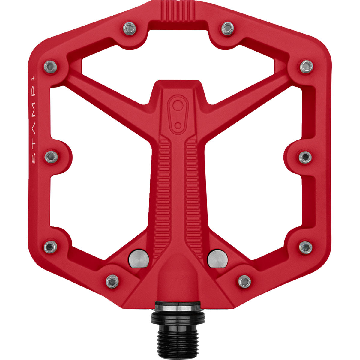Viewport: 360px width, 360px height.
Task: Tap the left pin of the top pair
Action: click(x=130, y=28)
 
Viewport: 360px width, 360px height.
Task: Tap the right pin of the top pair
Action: click(x=227, y=28)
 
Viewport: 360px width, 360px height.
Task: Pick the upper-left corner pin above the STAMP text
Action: click(x=50, y=66)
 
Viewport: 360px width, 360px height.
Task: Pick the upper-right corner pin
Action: click(x=306, y=66)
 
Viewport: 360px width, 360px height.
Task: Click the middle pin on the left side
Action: click(x=51, y=157)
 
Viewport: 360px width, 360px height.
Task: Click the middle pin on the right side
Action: click(x=305, y=157)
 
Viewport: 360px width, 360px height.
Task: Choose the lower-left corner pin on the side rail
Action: click(x=50, y=247)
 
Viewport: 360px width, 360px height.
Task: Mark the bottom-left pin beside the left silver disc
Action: click(x=112, y=281)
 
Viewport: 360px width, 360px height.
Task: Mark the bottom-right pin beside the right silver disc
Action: click(x=244, y=281)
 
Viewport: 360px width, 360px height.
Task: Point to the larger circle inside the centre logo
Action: click(x=178, y=105)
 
